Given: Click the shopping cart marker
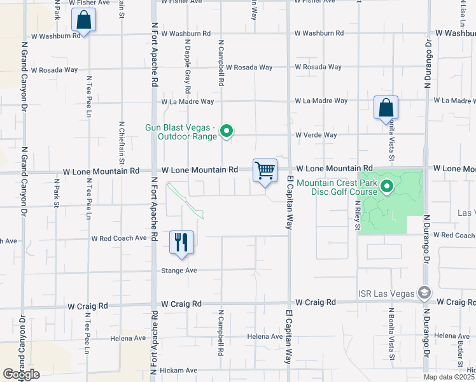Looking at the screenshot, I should click(265, 171).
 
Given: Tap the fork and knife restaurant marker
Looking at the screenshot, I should click(181, 243).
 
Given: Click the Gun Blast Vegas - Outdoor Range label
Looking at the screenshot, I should click(181, 132).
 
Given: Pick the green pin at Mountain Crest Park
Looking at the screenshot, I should click(391, 187).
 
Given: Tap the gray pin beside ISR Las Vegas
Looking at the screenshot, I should click(424, 294).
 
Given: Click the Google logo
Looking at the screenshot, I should click(20, 374).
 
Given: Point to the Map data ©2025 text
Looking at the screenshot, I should click(449, 377).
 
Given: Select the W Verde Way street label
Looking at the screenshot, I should click(316, 135).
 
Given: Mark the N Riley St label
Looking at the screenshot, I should click(357, 216).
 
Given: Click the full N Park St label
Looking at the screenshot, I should click(57, 191).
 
